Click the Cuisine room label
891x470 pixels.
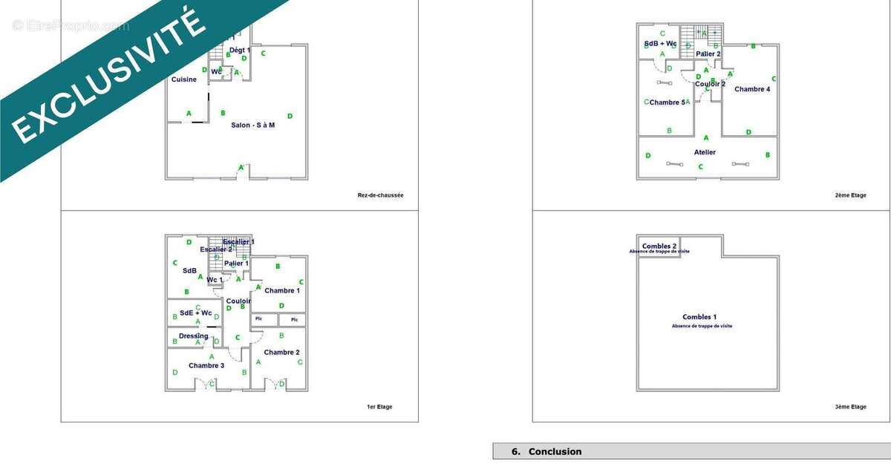tap(184, 79)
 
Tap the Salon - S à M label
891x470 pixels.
tap(253, 125)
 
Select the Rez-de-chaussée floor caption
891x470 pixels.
tap(380, 196)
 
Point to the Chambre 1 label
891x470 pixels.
tap(282, 290)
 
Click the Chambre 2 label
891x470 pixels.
tap(281, 352)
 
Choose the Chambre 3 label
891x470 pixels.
tap(206, 365)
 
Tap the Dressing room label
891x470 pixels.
tap(194, 336)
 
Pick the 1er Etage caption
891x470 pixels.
tap(379, 407)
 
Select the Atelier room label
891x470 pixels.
tap(705, 152)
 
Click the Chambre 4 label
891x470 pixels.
tap(752, 89)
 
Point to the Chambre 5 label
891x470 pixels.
tap(668, 102)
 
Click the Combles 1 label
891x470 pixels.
tap(700, 317)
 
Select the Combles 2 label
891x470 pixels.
tap(659, 246)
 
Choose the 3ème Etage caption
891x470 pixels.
tap(849, 407)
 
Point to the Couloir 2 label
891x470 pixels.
tap(711, 84)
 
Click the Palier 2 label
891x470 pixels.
tap(708, 53)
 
